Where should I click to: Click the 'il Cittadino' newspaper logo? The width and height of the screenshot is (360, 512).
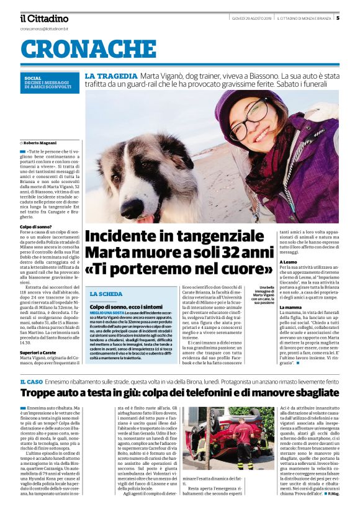click(43, 19)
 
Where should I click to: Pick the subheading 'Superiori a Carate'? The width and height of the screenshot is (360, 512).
click(41, 353)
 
